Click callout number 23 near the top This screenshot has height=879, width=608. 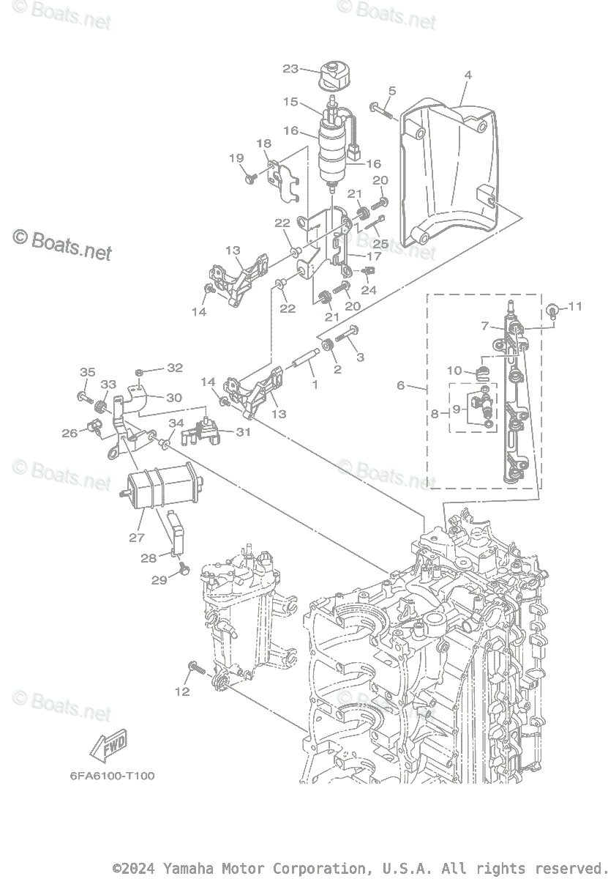click(290, 69)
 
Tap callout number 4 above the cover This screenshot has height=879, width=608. click(468, 75)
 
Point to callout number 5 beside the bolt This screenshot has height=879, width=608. click(392, 91)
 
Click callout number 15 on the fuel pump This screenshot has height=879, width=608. click(290, 102)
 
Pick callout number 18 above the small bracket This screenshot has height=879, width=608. click(263, 144)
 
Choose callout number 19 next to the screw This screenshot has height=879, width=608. click(236, 158)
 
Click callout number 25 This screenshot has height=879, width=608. click(380, 242)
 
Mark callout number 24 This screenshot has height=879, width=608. click(369, 290)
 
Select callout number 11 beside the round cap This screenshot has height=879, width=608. click(575, 306)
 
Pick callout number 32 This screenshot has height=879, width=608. click(175, 368)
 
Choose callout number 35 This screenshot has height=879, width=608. click(87, 372)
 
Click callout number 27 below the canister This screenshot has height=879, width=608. click(137, 537)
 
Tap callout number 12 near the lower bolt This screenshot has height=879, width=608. click(182, 691)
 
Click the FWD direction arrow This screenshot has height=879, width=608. click(108, 746)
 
